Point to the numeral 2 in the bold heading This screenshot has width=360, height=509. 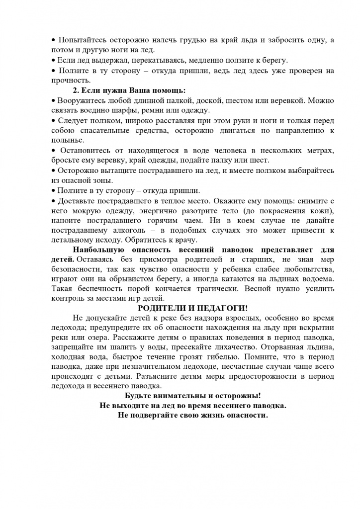coord(75,90)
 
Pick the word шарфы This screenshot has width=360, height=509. coord(118,110)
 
